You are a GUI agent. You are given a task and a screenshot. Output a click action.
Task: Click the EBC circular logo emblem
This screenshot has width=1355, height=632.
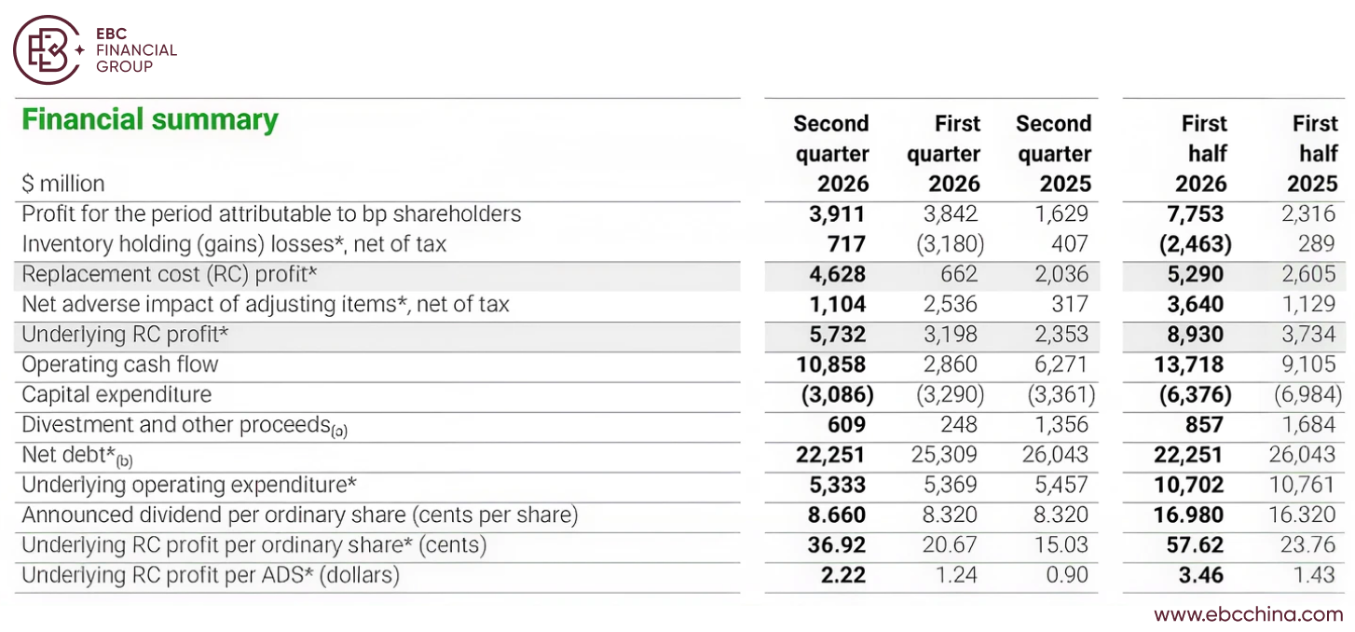[48, 49]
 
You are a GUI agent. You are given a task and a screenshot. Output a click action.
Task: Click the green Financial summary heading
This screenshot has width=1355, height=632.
[150, 119]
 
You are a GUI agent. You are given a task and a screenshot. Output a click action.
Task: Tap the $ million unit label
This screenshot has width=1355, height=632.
[63, 184]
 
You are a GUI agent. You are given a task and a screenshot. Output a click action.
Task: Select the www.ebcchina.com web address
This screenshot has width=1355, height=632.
[1248, 614]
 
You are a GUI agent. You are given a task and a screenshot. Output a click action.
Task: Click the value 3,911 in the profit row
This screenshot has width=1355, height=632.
[837, 213]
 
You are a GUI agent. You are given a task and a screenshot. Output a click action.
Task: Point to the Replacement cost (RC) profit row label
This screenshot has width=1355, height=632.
[170, 275]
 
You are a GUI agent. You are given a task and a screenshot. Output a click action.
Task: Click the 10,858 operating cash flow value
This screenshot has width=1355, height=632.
[830, 364]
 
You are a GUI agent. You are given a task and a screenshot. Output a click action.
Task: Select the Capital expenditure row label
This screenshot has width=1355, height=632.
[116, 395]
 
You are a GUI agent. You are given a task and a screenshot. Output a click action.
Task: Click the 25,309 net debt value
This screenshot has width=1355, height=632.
[944, 454]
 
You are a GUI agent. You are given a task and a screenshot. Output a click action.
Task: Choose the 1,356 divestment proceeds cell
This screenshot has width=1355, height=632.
[1061, 424]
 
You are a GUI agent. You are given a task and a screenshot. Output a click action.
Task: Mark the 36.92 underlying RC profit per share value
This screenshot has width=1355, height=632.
[837, 545]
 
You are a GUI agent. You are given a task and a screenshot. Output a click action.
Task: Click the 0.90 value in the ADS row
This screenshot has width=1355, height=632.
[1067, 574]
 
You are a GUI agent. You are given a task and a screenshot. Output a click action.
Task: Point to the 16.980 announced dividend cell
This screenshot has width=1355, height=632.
[1188, 515]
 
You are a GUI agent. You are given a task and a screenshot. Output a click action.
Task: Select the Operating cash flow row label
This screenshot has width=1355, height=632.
[120, 364]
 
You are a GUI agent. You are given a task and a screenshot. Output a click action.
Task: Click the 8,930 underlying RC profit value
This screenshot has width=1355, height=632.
[1196, 335]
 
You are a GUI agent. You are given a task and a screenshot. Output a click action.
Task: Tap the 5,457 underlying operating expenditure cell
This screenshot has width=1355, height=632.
[1061, 485]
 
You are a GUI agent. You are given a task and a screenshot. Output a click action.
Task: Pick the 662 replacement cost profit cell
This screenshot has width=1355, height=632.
[959, 274]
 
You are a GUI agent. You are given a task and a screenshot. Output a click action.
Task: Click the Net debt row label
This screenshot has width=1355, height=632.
[76, 456]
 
